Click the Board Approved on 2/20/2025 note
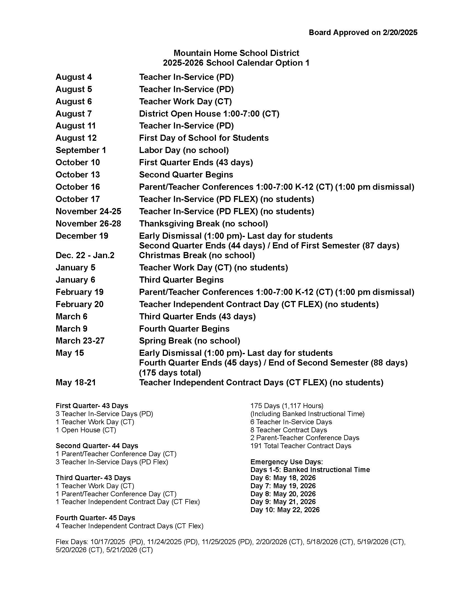pyautogui.click(x=363, y=33)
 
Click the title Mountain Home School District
pyautogui.click(x=236, y=53)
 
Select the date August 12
pyautogui.click(x=76, y=138)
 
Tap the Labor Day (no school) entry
pyautogui.click(x=184, y=150)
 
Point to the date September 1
pyautogui.click(x=81, y=150)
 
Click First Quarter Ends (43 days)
pyautogui.click(x=196, y=162)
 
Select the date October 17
pyautogui.click(x=78, y=199)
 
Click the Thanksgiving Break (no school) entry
pyautogui.click(x=203, y=224)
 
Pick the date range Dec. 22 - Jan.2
pyautogui.click(x=85, y=255)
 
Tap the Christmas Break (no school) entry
pyautogui.click(x=197, y=255)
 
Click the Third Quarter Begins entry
pyautogui.click(x=181, y=280)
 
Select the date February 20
pyautogui.click(x=80, y=304)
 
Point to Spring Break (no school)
pyautogui.click(x=189, y=341)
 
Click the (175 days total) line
pyautogui.click(x=170, y=373)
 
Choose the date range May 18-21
pyautogui.click(x=76, y=382)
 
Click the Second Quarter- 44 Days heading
pyautogui.click(x=97, y=446)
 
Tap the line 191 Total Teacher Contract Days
pyautogui.click(x=301, y=446)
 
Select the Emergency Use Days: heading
pyautogui.click(x=286, y=462)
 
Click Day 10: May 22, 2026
pyautogui.click(x=285, y=509)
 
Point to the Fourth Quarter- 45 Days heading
pyautogui.click(x=95, y=518)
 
